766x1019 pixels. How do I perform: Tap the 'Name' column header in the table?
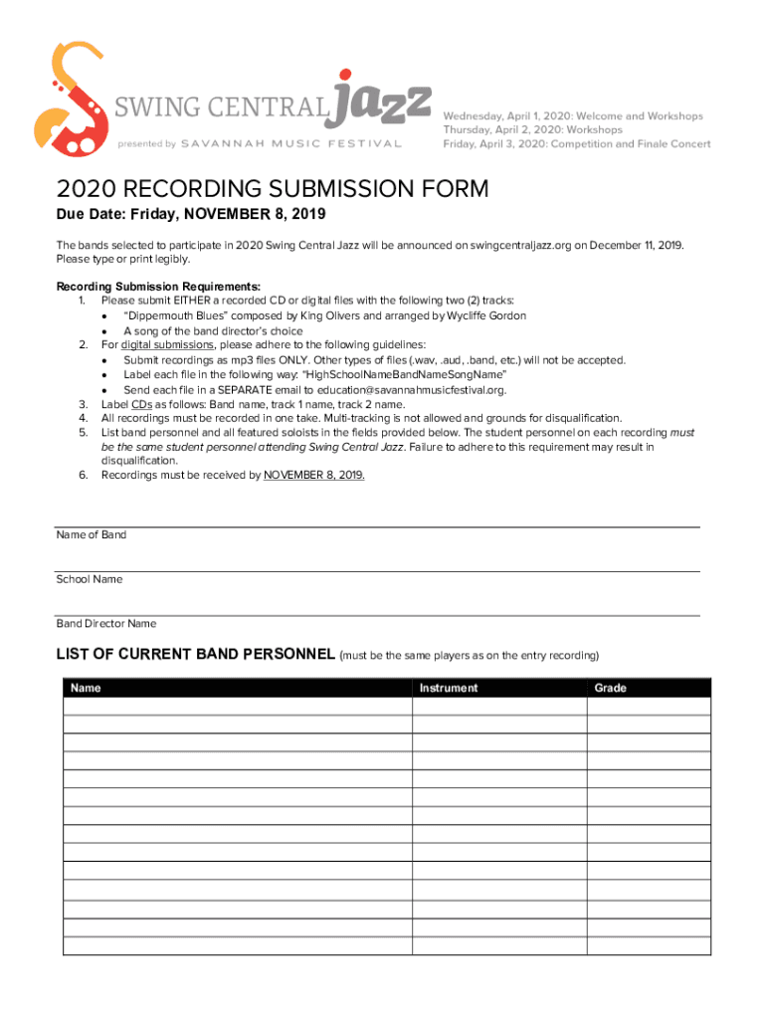[86, 688]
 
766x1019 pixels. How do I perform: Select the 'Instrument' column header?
[448, 688]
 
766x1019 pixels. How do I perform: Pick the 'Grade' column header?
[610, 688]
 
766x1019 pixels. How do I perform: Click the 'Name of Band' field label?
[92, 535]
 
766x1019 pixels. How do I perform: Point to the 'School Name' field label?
[90, 579]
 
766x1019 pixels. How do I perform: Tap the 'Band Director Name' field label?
[106, 624]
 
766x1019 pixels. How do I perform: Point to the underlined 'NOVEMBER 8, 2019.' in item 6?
[314, 476]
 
